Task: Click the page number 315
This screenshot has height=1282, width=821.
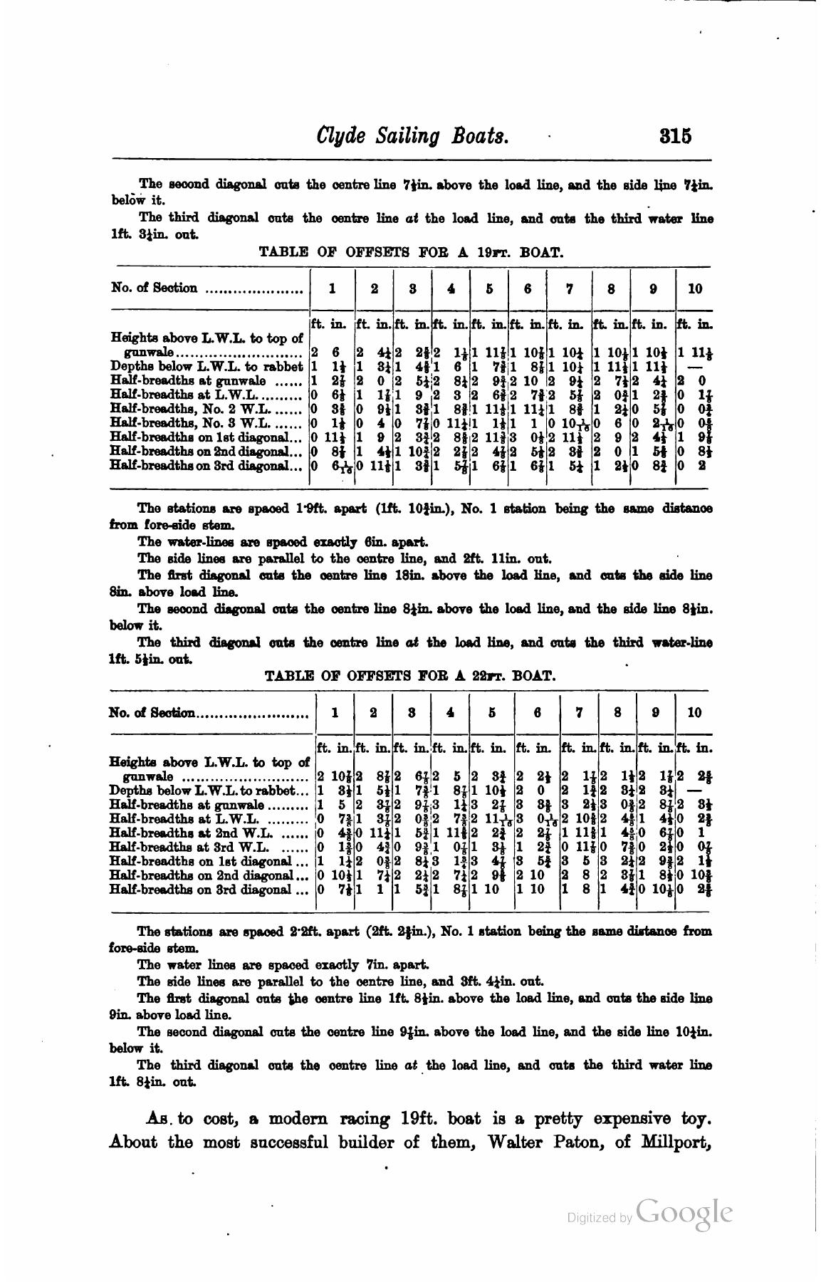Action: click(675, 135)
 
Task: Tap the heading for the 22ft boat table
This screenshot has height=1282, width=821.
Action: click(409, 675)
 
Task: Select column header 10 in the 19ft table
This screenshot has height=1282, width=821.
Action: click(695, 288)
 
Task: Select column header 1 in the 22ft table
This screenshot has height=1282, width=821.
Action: click(335, 712)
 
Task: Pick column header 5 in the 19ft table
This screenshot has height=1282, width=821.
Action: click(489, 288)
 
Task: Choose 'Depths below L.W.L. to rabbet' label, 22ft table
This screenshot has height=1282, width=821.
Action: click(203, 790)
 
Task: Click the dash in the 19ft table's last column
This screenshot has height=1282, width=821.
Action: click(696, 368)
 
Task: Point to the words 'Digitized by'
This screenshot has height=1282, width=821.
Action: click(599, 1218)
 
